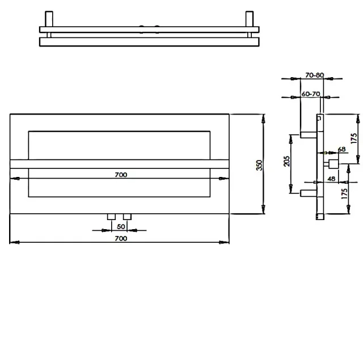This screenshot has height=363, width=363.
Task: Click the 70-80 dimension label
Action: [x=314, y=74]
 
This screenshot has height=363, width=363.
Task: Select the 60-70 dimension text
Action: [x=310, y=93]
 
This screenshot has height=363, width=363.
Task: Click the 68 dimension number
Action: [x=341, y=149]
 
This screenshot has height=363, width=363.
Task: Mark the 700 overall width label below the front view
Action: [x=120, y=239]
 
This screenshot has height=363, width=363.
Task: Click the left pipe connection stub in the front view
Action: [x=111, y=217]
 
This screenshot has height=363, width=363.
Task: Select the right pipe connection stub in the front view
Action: [x=127, y=217]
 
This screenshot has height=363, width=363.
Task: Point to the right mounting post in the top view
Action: [x=248, y=19]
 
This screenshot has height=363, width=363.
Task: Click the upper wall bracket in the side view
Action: [x=307, y=135]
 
